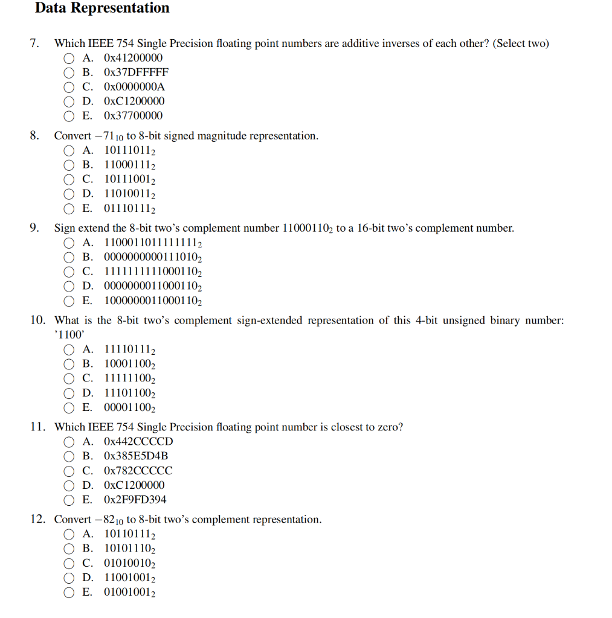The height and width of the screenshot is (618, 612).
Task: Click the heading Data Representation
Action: pos(102,8)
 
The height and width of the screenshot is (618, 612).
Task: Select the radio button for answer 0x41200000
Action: pos(69,59)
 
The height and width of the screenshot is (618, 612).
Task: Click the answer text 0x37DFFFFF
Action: pos(136,72)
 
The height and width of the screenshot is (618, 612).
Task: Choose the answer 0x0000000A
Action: pos(134,87)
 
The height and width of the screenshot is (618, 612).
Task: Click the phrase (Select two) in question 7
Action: pos(521,43)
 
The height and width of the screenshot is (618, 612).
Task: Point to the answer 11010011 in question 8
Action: pos(130,194)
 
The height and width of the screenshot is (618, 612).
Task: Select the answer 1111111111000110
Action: pos(153,272)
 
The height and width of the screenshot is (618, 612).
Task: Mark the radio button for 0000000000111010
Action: pos(69,258)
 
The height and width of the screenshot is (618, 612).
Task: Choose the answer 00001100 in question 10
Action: pos(130,407)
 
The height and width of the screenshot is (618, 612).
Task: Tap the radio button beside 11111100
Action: pos(69,379)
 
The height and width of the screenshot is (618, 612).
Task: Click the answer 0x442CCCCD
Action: pos(138,442)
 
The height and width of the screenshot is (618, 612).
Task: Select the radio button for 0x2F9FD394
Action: pos(69,500)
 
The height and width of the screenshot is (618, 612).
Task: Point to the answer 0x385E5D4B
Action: pos(136,456)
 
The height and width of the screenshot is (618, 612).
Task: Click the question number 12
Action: pos(37,520)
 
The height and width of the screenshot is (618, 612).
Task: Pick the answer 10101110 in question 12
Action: pos(130,549)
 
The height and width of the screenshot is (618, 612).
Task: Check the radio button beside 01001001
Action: pos(69,593)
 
